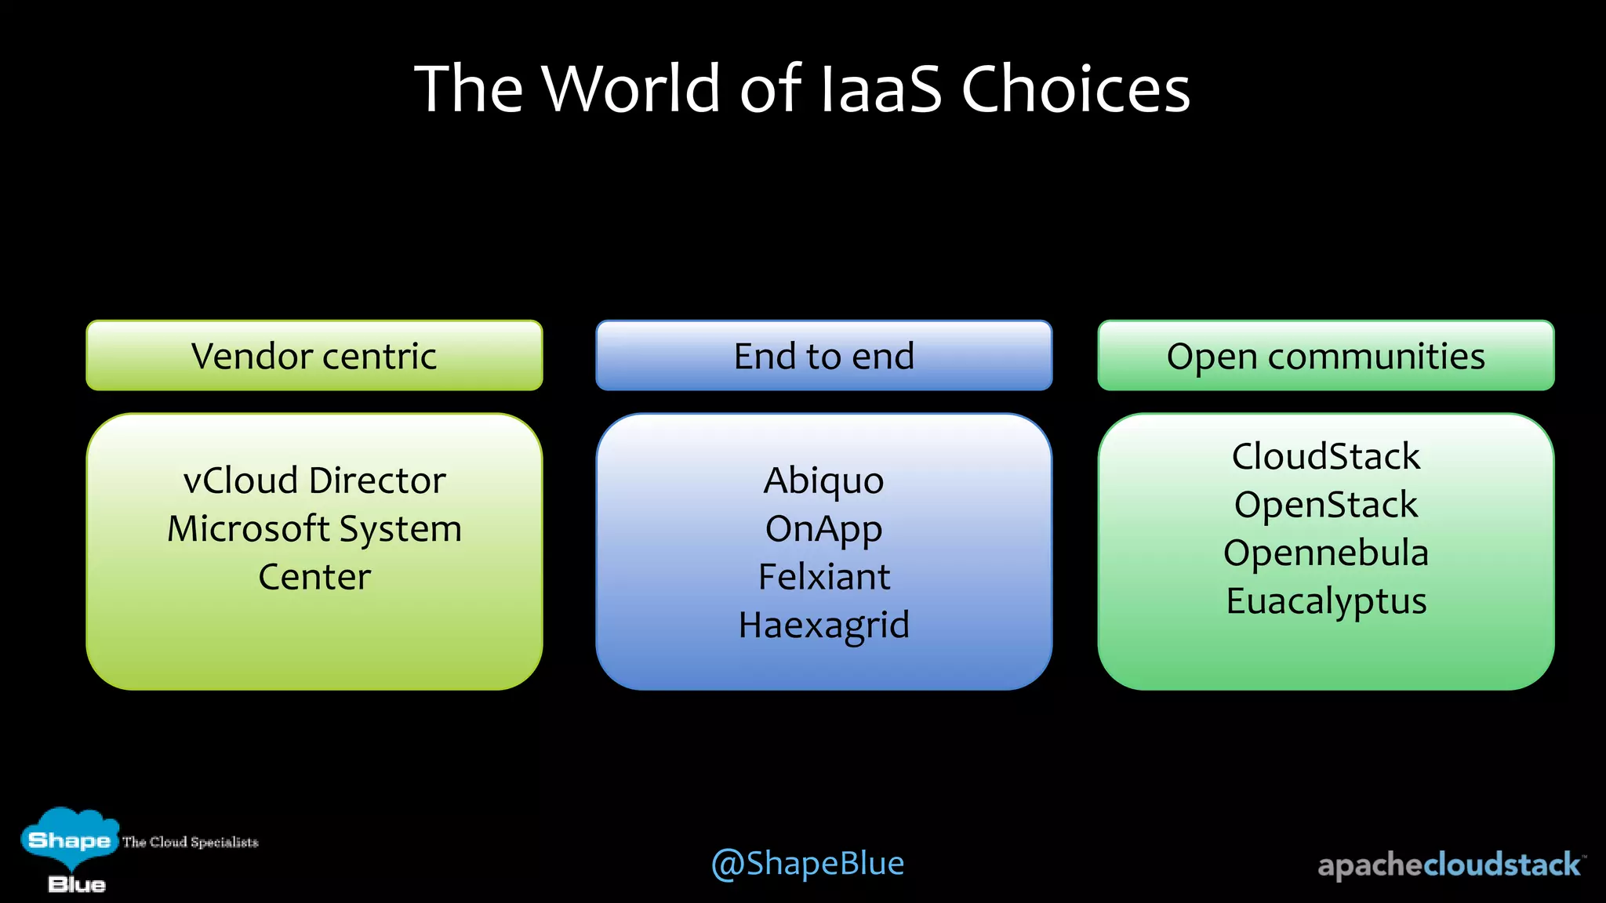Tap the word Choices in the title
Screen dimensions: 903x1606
click(1075, 89)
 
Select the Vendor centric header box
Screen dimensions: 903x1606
click(314, 356)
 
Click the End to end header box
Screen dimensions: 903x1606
click(823, 356)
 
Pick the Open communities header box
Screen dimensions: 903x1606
click(1325, 356)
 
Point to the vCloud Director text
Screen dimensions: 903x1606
click(314, 481)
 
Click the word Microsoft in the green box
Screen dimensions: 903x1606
click(249, 529)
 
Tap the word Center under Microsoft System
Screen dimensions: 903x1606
click(314, 578)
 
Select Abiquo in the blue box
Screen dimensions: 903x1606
click(823, 481)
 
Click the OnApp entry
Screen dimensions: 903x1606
click(823, 530)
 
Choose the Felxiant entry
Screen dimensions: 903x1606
click(823, 578)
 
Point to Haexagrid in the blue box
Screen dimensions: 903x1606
click(823, 626)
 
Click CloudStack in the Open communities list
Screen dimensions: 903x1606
click(1325, 457)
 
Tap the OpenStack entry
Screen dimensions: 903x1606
click(1325, 505)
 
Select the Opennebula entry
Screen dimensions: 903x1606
click(1325, 553)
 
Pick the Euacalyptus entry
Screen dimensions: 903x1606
click(1325, 602)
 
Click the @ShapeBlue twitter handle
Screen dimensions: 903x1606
click(807, 864)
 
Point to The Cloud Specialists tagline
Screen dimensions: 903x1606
click(190, 842)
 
